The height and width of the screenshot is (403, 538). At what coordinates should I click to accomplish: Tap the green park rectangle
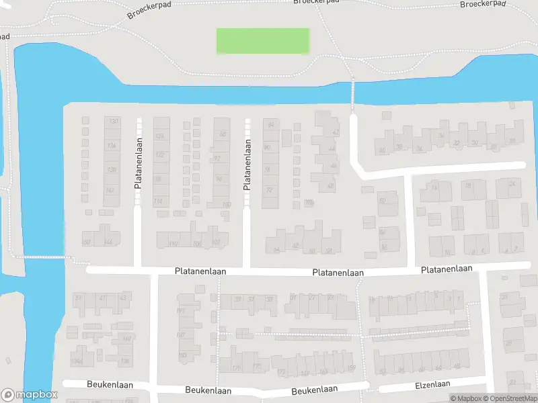pos(262,41)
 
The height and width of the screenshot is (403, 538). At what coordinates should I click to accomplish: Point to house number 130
pos(113,121)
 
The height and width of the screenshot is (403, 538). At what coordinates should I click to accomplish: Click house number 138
pos(112,169)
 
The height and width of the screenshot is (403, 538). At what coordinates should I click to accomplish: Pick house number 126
pos(159,136)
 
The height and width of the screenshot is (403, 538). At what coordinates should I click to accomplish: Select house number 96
pos(219,179)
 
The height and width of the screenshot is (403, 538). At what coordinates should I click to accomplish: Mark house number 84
pos(271,125)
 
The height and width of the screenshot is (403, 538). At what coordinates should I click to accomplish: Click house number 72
pos(270,190)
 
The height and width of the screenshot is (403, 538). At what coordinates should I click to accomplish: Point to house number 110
pos(173,243)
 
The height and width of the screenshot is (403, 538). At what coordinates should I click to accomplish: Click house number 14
pos(434,187)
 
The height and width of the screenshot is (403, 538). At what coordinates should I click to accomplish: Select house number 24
pos(512,184)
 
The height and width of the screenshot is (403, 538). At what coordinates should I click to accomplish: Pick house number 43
pos(122,298)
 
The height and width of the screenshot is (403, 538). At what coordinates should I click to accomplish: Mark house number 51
pos(79,298)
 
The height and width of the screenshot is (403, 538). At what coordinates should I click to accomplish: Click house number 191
pos(180,311)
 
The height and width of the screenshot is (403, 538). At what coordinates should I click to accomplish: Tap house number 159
pos(350,367)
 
